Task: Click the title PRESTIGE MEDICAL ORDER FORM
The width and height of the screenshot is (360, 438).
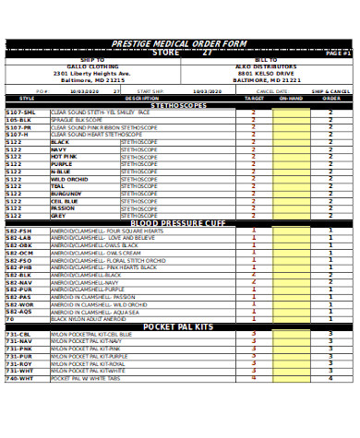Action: click(x=179, y=44)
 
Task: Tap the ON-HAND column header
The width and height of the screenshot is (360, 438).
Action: click(x=291, y=98)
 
